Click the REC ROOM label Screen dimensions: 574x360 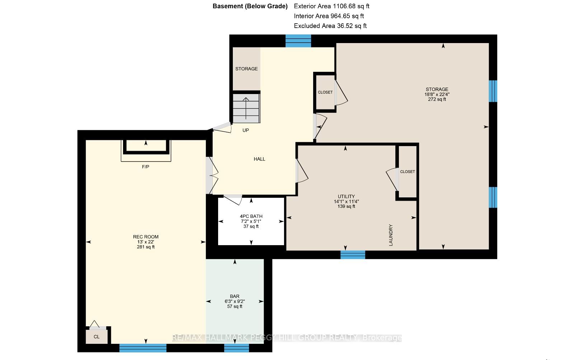coord(146,237)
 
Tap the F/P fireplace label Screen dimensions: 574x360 coord(146,167)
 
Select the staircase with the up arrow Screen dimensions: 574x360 coord(246,108)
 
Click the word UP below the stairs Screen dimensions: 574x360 coord(245,130)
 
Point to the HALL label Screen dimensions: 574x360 coord(259,159)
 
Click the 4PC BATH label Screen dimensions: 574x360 coord(251,216)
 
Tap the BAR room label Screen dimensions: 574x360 coord(235,296)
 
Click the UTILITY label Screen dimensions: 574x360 coord(346,196)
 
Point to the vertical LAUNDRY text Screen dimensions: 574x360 coord(391,235)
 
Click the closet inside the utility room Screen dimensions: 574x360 coord(408,172)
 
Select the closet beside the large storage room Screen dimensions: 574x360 coord(325,92)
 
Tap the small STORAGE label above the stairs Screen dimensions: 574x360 coord(246,69)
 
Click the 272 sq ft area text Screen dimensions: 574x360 coord(437,99)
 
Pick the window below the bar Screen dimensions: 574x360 coord(236,348)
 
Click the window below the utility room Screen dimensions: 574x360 coord(353,254)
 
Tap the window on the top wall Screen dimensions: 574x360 coord(298,41)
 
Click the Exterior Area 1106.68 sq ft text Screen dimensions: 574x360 coord(331,6)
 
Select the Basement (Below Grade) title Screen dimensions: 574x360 coord(250,6)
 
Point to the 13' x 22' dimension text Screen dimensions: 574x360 coord(146,242)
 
